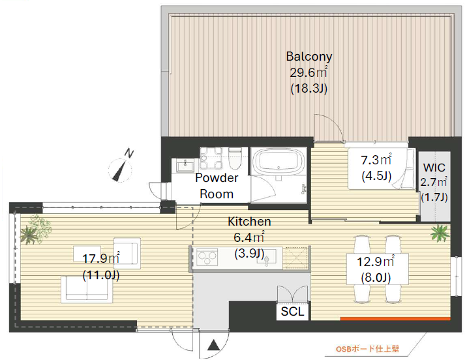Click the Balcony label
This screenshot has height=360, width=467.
[309, 56]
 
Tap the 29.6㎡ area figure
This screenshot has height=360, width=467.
[309, 72]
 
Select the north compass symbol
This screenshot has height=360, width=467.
[120, 168]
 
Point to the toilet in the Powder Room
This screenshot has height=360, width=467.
[235, 158]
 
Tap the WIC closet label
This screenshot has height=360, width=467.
[434, 168]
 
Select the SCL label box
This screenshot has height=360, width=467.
[292, 312]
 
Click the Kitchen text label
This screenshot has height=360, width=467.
[249, 222]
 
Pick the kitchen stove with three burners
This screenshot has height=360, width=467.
[207, 258]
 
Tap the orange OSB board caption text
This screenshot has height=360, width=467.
[367, 349]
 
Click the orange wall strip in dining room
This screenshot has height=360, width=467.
[395, 319]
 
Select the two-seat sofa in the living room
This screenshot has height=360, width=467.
[87, 289]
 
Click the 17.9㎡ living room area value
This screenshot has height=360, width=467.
[101, 258]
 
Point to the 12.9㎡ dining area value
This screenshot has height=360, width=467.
[376, 262]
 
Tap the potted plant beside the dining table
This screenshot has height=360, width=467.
[440, 232]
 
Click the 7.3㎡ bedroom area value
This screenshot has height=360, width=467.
[376, 160]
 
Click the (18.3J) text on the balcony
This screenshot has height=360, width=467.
[309, 89]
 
